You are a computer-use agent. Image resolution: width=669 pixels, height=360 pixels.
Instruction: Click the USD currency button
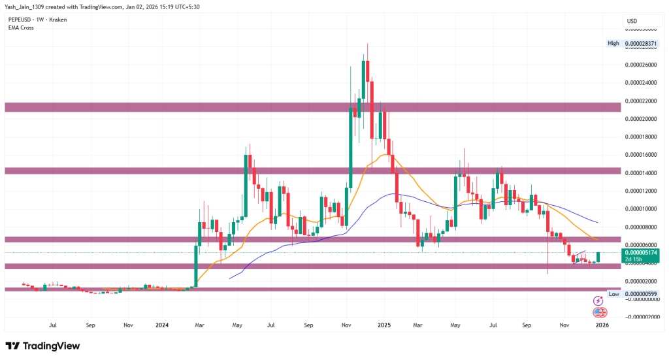point(632,21)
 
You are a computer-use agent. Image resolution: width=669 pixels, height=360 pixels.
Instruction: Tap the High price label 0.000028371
point(642,43)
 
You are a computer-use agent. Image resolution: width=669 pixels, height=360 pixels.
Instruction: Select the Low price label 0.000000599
point(642,294)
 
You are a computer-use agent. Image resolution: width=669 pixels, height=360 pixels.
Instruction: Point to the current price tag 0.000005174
point(640,252)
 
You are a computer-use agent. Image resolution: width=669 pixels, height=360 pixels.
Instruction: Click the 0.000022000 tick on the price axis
point(640,101)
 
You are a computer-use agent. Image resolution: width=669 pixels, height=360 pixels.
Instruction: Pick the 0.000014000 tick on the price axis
point(640,173)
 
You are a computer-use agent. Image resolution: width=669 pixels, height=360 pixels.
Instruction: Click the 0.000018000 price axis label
point(640,137)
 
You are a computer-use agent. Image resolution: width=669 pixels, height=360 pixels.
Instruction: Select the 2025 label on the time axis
point(384,324)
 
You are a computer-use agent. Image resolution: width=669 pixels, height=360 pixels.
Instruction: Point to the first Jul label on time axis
point(54,324)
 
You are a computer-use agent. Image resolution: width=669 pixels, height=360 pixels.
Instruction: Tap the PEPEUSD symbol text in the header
point(19,20)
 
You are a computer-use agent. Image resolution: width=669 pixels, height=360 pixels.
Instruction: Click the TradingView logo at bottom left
point(42,346)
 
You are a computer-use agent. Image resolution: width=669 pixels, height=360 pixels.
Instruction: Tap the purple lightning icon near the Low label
point(598,301)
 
